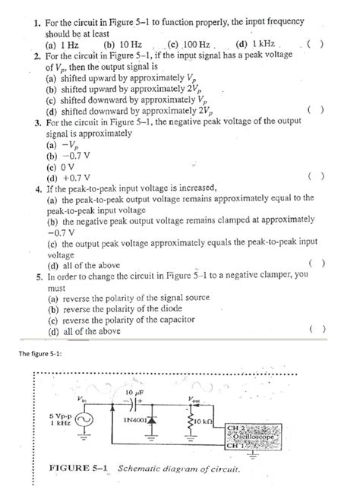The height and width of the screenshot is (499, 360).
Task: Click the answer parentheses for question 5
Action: [x=319, y=330]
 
